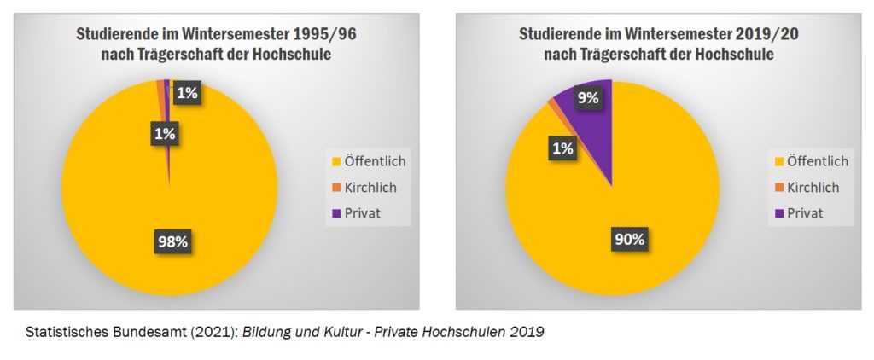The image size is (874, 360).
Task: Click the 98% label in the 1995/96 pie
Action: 170,241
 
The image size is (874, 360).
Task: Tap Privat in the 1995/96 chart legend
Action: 361,212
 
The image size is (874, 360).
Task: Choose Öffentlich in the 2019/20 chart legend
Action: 816,160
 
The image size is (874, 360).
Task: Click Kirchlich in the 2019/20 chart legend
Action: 812,187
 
